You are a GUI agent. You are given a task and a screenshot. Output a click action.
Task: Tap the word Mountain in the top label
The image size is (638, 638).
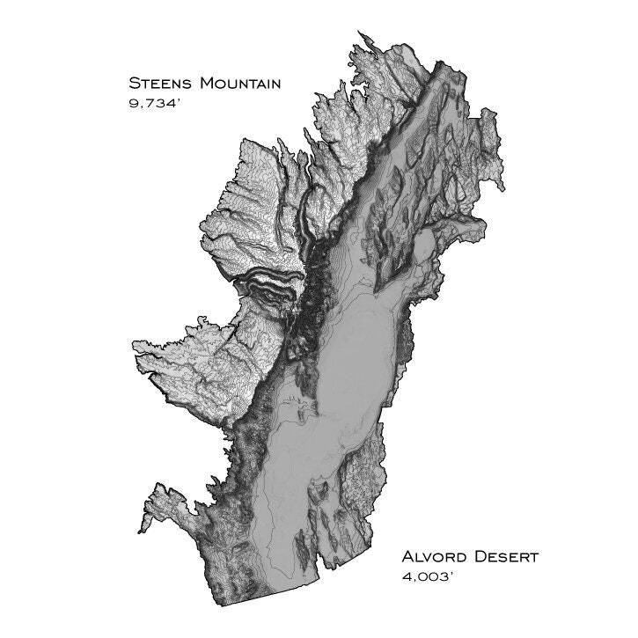[240, 84]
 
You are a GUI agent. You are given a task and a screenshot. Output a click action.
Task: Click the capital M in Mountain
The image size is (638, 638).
[207, 84]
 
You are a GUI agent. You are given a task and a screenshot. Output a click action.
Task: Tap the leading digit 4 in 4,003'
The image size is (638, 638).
[407, 578]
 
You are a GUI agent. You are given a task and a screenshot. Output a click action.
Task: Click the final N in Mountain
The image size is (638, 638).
[275, 85]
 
